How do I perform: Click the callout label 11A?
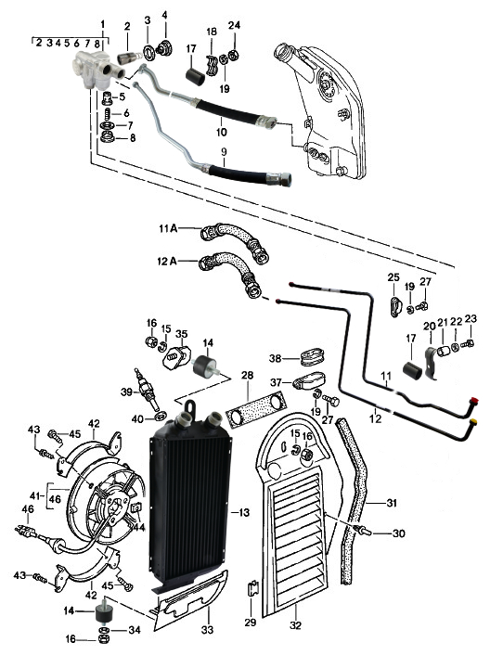(x=168, y=228)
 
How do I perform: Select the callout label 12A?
(x=167, y=262)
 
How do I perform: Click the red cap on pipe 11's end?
(x=473, y=401)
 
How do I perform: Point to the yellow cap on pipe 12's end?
(x=473, y=421)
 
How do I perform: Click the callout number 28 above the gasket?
(x=247, y=376)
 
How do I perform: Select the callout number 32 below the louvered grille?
(x=295, y=625)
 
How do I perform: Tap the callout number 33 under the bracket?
(x=207, y=630)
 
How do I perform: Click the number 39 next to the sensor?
(x=126, y=392)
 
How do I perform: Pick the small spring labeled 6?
(x=108, y=113)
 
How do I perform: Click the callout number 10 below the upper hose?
(x=222, y=132)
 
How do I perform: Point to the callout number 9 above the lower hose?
(x=225, y=151)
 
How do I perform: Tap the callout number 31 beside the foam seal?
(x=392, y=503)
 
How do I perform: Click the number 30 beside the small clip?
(x=399, y=533)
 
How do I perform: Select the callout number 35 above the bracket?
(x=181, y=334)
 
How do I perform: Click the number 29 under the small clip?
(x=251, y=623)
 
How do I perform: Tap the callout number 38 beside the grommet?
(x=276, y=358)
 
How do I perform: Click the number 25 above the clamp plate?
(x=393, y=277)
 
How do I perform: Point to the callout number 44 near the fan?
(x=138, y=528)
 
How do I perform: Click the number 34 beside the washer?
(x=134, y=630)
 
